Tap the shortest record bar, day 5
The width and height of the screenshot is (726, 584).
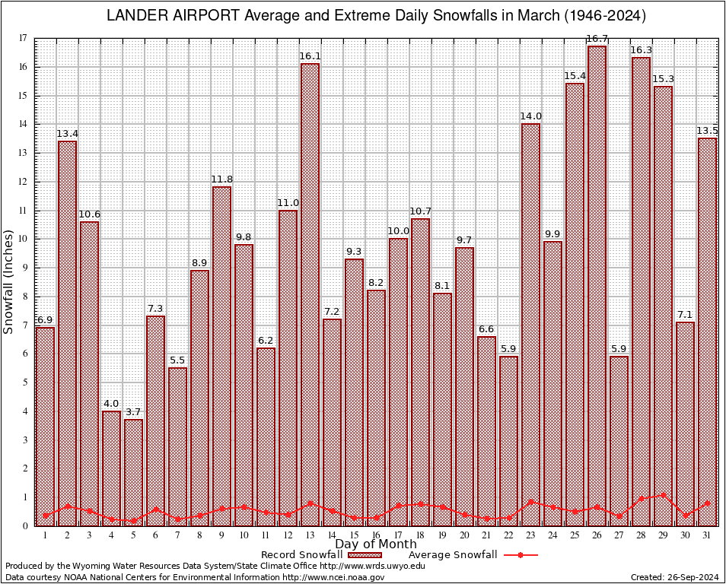(133, 471)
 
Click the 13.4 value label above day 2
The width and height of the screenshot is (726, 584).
(68, 134)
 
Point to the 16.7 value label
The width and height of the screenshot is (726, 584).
(597, 39)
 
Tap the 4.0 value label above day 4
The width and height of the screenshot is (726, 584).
(111, 404)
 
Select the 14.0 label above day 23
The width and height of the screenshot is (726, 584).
(530, 117)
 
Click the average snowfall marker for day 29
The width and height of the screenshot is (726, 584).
(663, 495)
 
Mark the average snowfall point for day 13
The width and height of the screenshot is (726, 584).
(310, 503)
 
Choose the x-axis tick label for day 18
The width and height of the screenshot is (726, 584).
(420, 535)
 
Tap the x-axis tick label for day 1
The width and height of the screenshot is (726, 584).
(46, 535)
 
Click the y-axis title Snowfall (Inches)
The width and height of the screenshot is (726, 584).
(9, 281)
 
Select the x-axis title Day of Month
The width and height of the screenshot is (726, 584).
(376, 544)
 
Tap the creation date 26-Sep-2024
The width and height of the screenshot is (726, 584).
(693, 578)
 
